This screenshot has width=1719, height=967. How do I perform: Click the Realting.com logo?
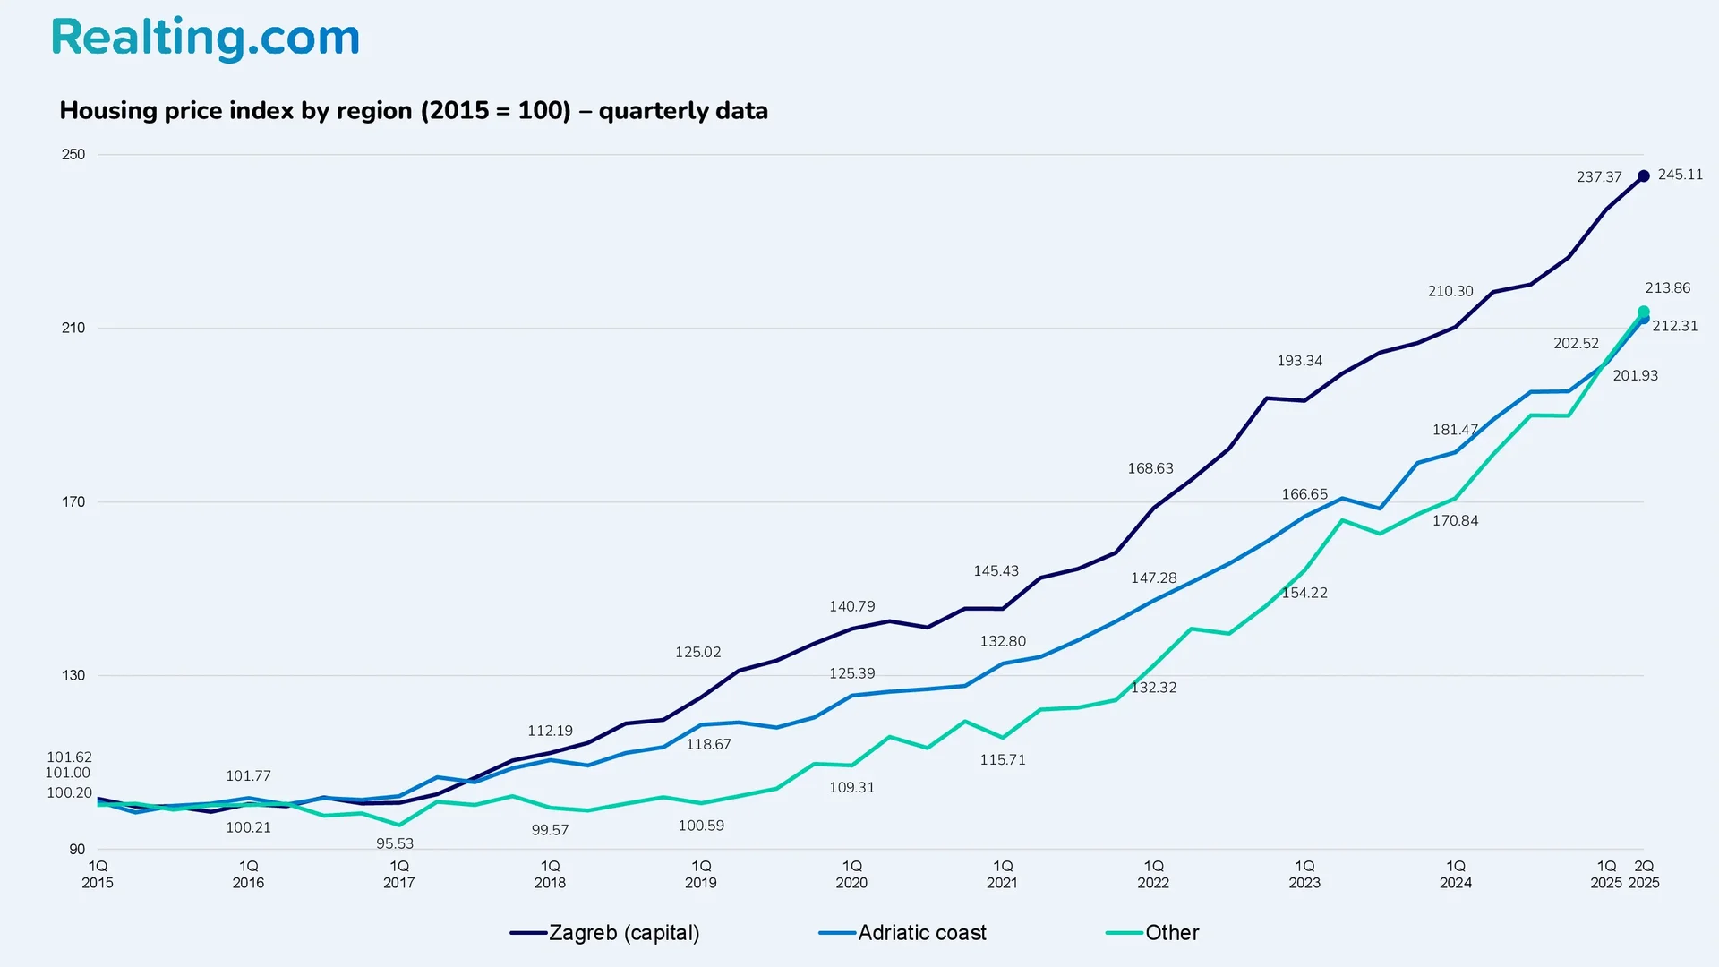click(205, 39)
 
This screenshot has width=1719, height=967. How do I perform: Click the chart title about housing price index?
click(414, 111)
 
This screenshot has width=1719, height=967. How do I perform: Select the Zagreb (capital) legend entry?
click(606, 933)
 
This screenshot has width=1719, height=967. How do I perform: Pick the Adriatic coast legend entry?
click(904, 933)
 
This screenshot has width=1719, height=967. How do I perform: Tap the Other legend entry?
click(1154, 933)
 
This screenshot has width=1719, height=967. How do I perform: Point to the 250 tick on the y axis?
click(73, 155)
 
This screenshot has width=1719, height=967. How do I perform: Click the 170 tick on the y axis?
click(73, 502)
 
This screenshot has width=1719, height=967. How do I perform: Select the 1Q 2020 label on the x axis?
click(851, 875)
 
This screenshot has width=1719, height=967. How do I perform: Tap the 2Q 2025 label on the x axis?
click(1644, 875)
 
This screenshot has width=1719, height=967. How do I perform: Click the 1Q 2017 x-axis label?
click(399, 875)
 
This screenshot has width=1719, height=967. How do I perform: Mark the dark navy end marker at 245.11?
click(1644, 176)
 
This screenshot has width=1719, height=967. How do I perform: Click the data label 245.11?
click(1681, 175)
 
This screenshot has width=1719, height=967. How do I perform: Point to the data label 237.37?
click(1599, 177)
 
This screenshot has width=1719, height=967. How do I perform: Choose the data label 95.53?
click(395, 844)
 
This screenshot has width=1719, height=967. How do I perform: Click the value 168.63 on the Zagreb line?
click(1150, 469)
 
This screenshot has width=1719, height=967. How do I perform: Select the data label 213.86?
click(1668, 288)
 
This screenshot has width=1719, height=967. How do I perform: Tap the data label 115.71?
click(1003, 760)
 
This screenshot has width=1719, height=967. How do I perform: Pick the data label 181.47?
click(1455, 431)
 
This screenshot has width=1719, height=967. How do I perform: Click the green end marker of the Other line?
click(1644, 312)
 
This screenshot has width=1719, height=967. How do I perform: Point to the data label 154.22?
click(1304, 594)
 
